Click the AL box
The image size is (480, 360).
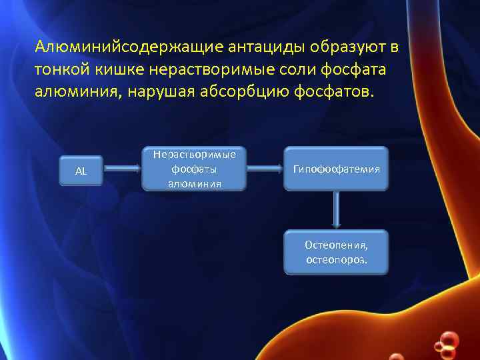[x=81, y=171]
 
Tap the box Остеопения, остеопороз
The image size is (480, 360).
[x=336, y=251]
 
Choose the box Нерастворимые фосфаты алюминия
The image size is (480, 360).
[x=194, y=169]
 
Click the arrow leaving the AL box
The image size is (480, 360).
[x=123, y=170]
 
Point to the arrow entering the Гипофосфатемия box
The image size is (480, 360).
[x=263, y=169]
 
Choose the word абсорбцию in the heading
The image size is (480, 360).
[x=248, y=91]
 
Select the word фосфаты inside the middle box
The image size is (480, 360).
[x=194, y=169]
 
